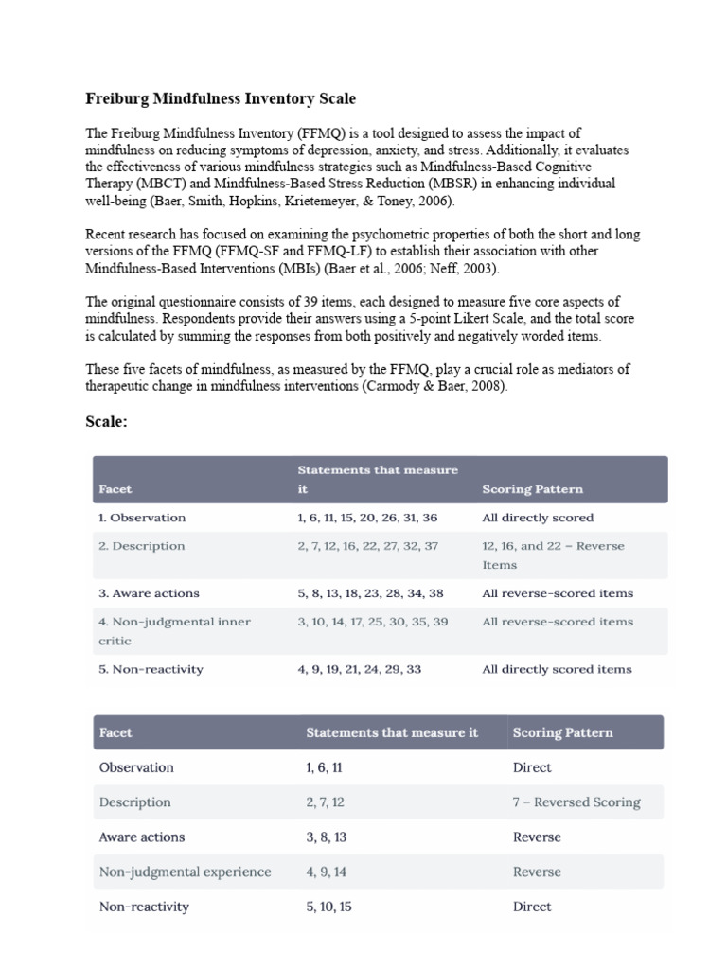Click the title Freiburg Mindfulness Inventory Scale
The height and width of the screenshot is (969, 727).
click(221, 98)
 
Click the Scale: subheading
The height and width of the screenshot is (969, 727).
click(106, 422)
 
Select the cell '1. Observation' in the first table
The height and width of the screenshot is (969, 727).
click(142, 518)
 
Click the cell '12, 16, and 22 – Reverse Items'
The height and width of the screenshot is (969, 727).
click(553, 555)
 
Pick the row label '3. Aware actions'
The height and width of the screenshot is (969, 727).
click(149, 593)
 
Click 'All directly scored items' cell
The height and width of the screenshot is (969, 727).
click(557, 669)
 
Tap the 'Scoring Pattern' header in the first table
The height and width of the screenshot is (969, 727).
click(532, 489)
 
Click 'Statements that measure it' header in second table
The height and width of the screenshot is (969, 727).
click(392, 732)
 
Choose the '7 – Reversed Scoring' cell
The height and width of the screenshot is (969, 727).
click(576, 802)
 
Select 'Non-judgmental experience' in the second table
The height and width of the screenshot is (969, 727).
click(185, 872)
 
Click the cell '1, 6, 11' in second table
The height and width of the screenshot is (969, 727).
click(324, 767)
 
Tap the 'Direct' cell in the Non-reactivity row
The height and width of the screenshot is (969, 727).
click(532, 907)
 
